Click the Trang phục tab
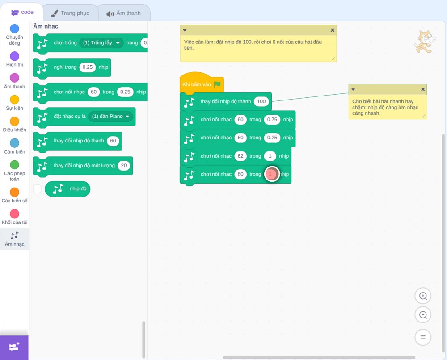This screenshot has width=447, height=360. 71,13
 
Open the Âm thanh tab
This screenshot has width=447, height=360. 124,13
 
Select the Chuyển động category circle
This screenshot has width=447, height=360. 15,29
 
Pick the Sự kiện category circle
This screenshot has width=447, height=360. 15,100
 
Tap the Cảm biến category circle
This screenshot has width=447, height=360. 15,143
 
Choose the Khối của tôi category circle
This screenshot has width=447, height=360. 15,214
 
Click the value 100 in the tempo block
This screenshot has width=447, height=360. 261,101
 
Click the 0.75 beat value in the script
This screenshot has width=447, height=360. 272,120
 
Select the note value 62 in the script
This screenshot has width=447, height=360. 240,156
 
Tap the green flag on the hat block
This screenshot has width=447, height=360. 218,84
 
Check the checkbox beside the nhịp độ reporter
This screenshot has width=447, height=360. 37,189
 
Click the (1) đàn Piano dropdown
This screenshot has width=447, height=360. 110,117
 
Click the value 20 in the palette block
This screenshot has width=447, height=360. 124,166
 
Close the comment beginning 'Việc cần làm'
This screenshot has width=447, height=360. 333,30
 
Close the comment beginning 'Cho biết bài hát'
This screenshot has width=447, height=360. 423,89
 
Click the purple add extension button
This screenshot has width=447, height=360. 14,347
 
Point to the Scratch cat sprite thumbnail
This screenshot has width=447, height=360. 425,42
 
